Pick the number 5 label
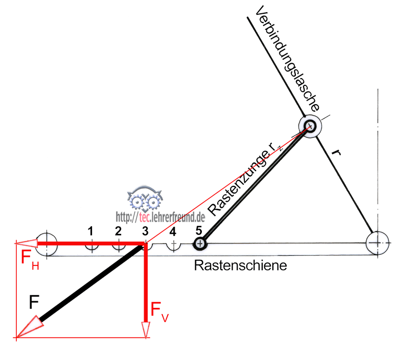[x=199, y=229]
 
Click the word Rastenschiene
[x=240, y=266]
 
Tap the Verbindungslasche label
[x=288, y=58]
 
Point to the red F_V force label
[x=159, y=311]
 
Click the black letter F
[x=34, y=303]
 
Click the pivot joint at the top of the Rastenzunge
[x=310, y=126]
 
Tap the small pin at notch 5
[x=200, y=245]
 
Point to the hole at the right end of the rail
[x=379, y=243]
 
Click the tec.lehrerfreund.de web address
[x=160, y=217]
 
